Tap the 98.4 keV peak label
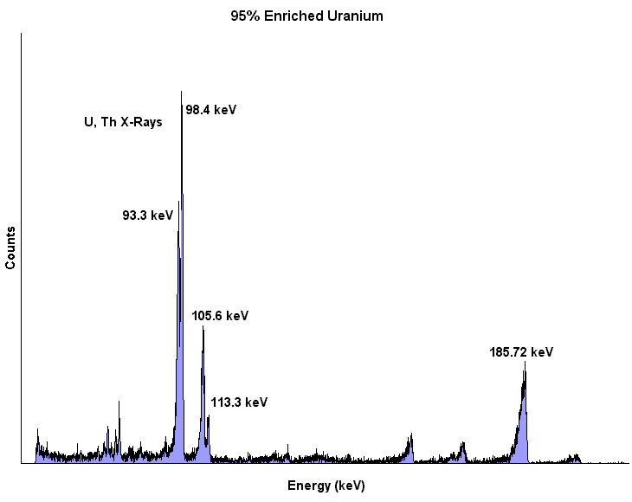click(x=211, y=110)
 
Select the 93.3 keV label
click(x=148, y=216)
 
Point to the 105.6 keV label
click(x=220, y=316)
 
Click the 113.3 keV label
click(x=239, y=402)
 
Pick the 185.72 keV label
click(x=520, y=352)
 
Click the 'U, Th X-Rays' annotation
click(x=123, y=123)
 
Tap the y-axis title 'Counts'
click(x=11, y=248)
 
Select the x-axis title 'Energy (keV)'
click(x=326, y=486)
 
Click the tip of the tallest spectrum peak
click(x=181, y=92)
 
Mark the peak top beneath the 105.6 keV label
click(x=203, y=329)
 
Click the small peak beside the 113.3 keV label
click(x=208, y=417)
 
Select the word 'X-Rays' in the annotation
click(x=140, y=123)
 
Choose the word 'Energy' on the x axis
click(x=306, y=486)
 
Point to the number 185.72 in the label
click(x=509, y=352)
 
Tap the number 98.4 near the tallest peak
click(x=199, y=110)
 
